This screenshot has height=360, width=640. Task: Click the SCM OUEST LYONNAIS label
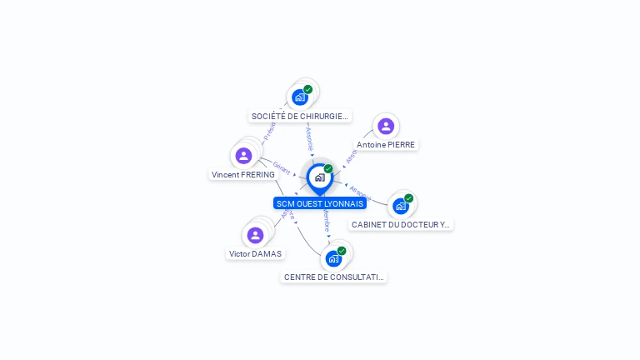click(320, 203)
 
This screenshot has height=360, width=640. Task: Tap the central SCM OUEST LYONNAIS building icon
click(319, 177)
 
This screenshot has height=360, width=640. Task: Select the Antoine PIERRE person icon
click(385, 126)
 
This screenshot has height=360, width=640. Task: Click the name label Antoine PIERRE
click(386, 144)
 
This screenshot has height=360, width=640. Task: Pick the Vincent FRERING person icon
click(243, 156)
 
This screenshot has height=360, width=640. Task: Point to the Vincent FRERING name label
click(243, 175)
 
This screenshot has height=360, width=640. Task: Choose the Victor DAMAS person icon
click(255, 235)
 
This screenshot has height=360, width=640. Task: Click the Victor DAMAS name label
click(255, 253)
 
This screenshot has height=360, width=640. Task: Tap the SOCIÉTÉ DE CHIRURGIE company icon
click(300, 97)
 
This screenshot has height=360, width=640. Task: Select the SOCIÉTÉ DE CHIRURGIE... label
click(300, 116)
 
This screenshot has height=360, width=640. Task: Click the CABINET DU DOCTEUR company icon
click(401, 206)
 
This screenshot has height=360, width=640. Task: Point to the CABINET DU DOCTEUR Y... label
click(401, 224)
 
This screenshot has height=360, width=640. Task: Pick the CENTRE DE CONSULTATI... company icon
click(333, 258)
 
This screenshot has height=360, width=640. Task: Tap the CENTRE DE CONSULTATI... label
click(334, 277)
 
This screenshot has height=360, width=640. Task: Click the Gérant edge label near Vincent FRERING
click(281, 166)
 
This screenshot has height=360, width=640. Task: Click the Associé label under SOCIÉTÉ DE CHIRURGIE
click(309, 137)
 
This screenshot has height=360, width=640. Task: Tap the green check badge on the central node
click(328, 169)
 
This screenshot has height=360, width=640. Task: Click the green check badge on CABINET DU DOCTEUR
click(409, 198)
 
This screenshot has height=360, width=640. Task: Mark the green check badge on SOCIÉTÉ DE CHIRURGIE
click(308, 89)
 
